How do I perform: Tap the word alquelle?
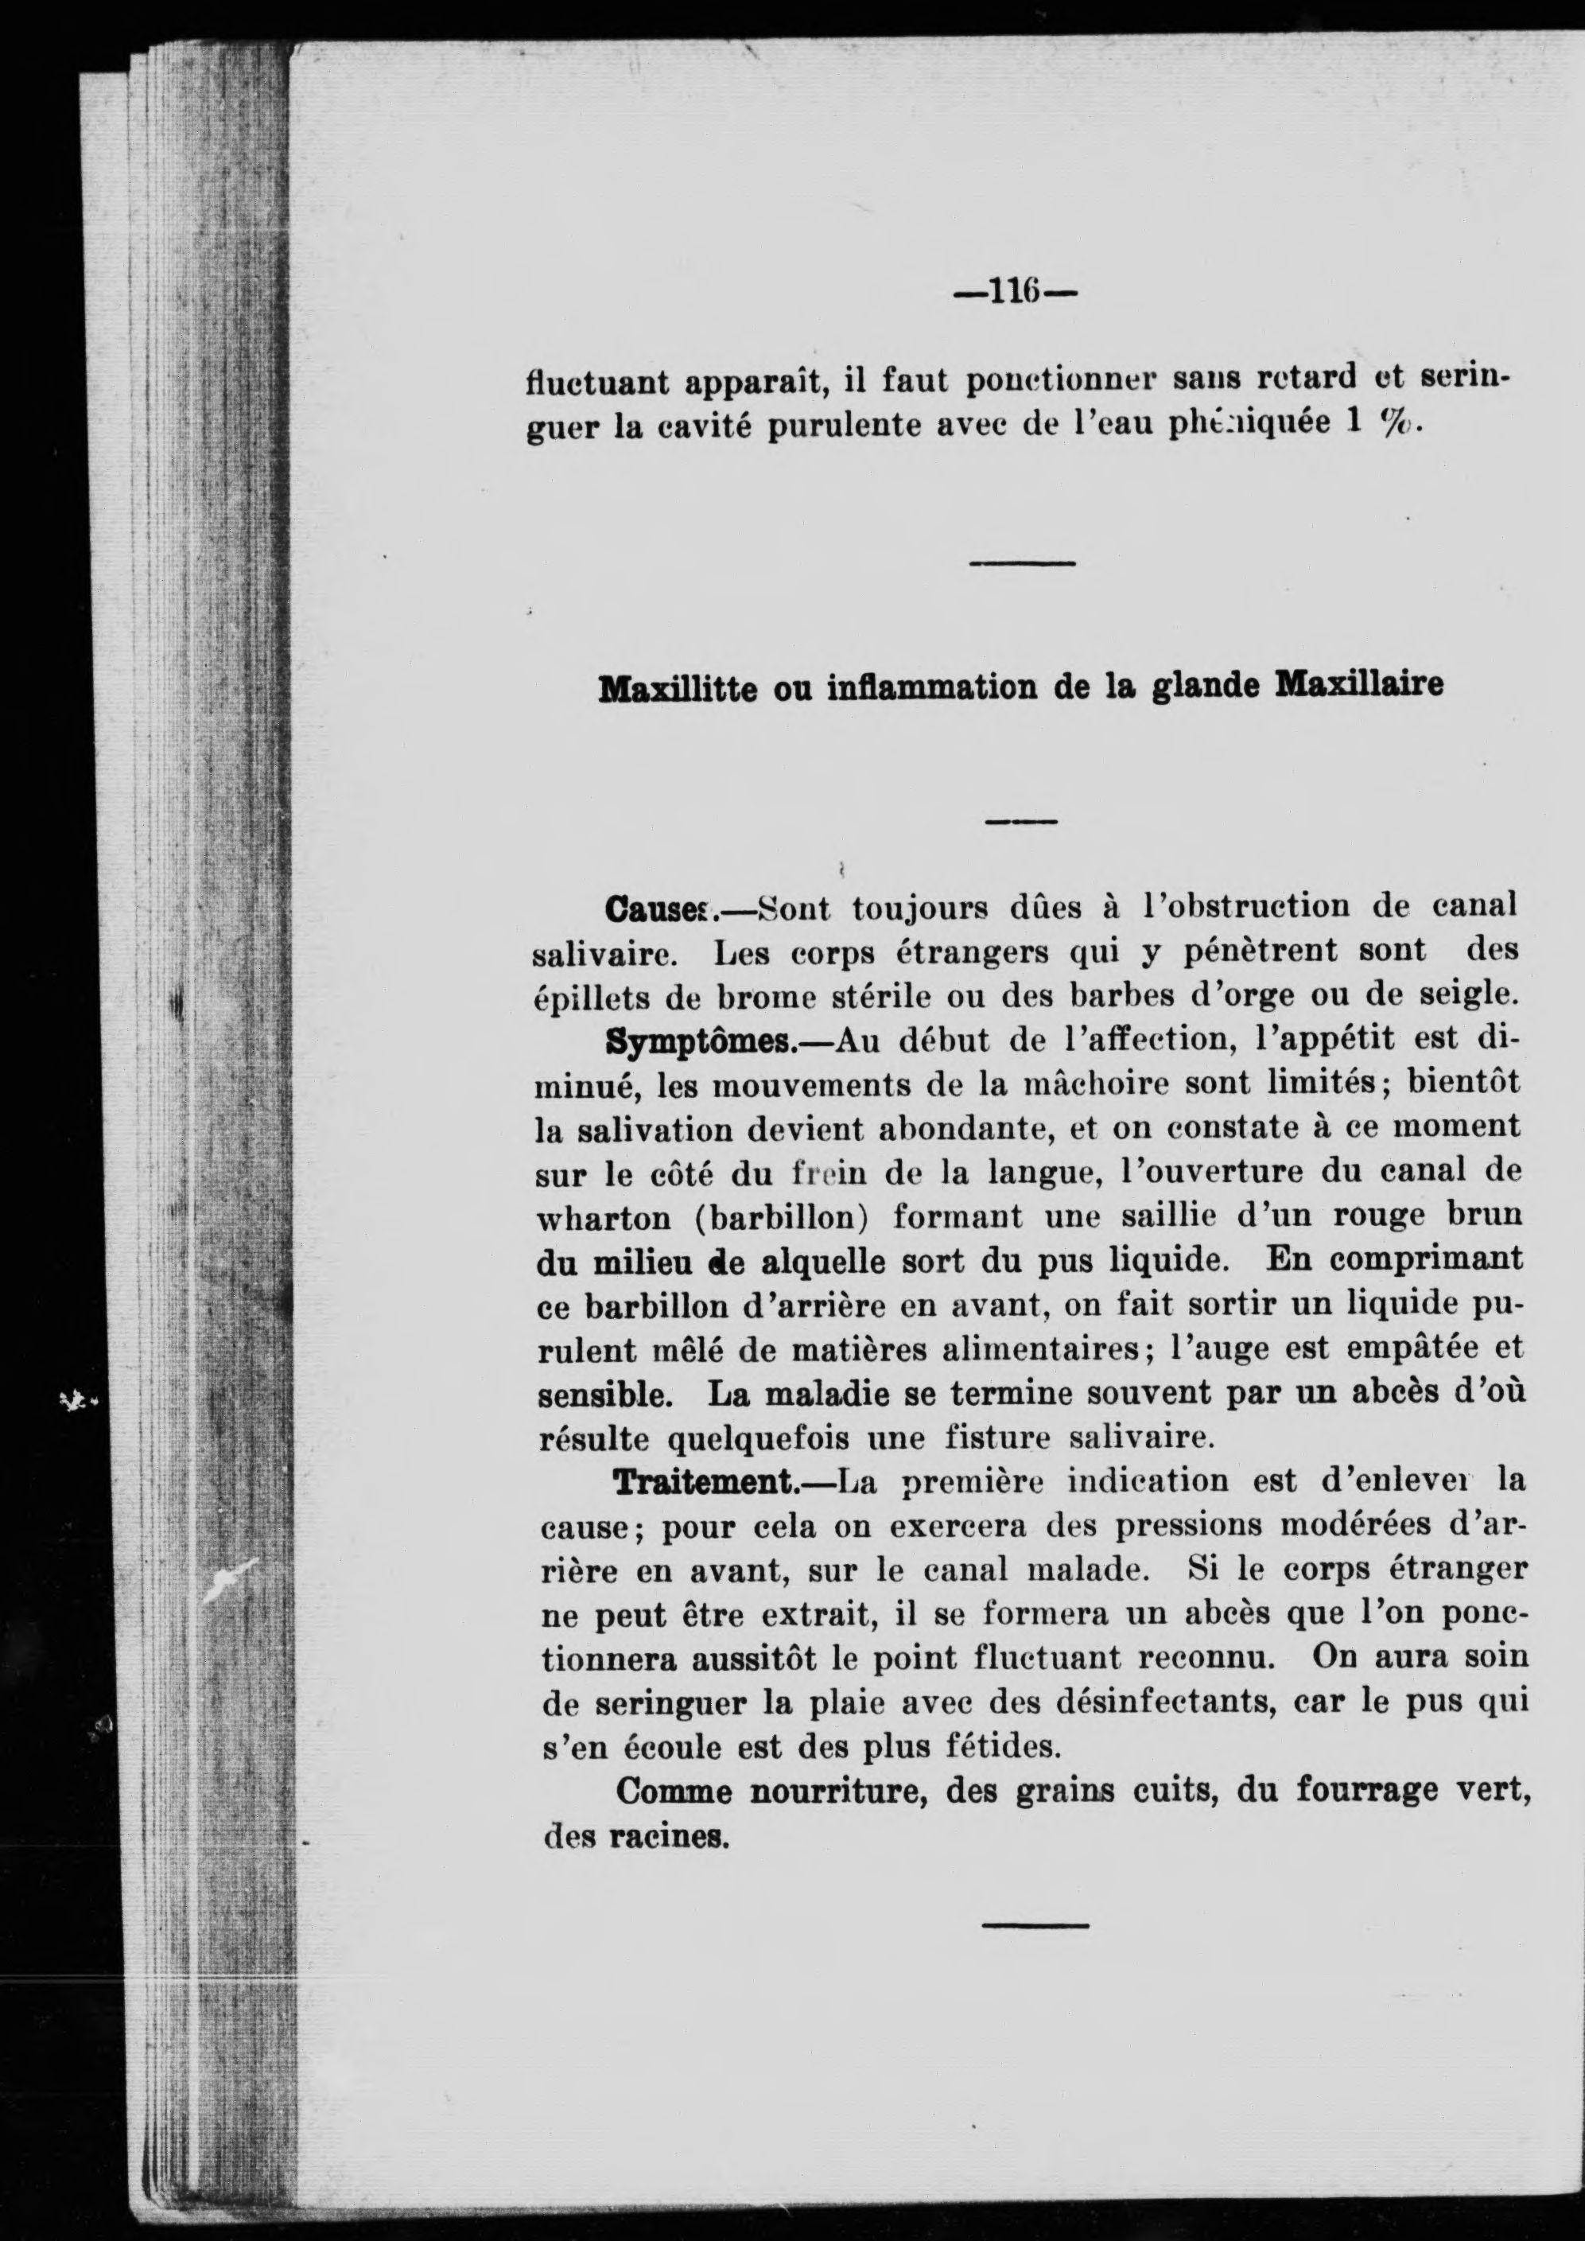823,1263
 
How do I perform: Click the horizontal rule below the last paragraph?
1035,1924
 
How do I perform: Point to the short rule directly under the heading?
1021,822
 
